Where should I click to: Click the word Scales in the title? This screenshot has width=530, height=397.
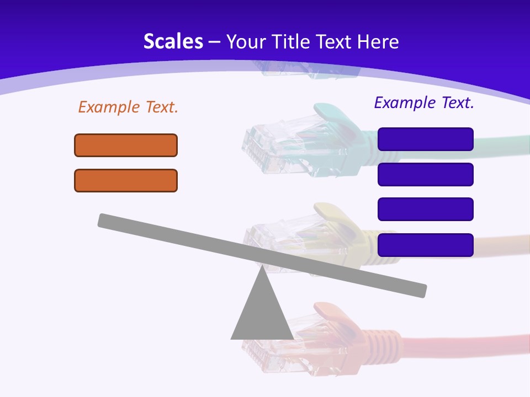pos(173,42)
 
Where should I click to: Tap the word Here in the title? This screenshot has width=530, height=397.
pos(378,42)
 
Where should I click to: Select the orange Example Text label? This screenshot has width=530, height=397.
pos(128,107)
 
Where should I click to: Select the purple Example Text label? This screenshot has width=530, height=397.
pos(424,103)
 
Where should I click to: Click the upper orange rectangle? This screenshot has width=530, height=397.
pos(126,145)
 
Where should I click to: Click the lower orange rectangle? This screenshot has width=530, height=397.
pos(126,180)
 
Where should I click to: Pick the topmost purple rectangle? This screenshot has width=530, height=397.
pos(425,139)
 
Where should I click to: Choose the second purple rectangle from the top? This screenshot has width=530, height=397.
pos(425,174)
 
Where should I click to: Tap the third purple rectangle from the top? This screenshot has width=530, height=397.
pos(425,209)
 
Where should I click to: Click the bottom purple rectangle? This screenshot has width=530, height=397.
pos(425,245)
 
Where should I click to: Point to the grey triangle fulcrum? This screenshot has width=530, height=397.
pos(262,314)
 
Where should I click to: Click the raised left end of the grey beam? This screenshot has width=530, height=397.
pos(105,220)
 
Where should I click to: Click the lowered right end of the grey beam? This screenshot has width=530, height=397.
pos(420,290)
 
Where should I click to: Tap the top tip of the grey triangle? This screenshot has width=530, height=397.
pos(262,269)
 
